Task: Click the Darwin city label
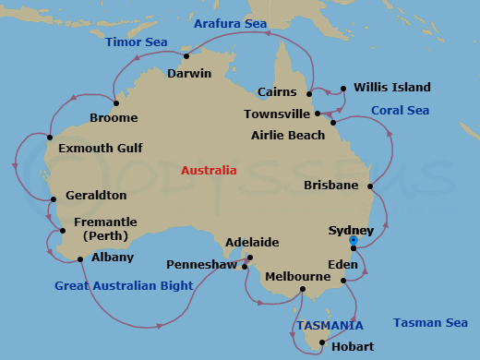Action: [189, 74]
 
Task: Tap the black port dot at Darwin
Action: [186, 56]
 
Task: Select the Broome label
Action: [114, 117]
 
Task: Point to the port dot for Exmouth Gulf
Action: [50, 138]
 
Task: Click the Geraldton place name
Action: [96, 196]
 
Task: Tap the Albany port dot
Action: [82, 259]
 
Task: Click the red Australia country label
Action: [209, 171]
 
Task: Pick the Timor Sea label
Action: [137, 42]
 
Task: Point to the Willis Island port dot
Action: [343, 89]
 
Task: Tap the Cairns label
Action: [277, 92]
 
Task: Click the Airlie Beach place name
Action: [288, 136]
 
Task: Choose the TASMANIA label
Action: [330, 325]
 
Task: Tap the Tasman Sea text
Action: [430, 322]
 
